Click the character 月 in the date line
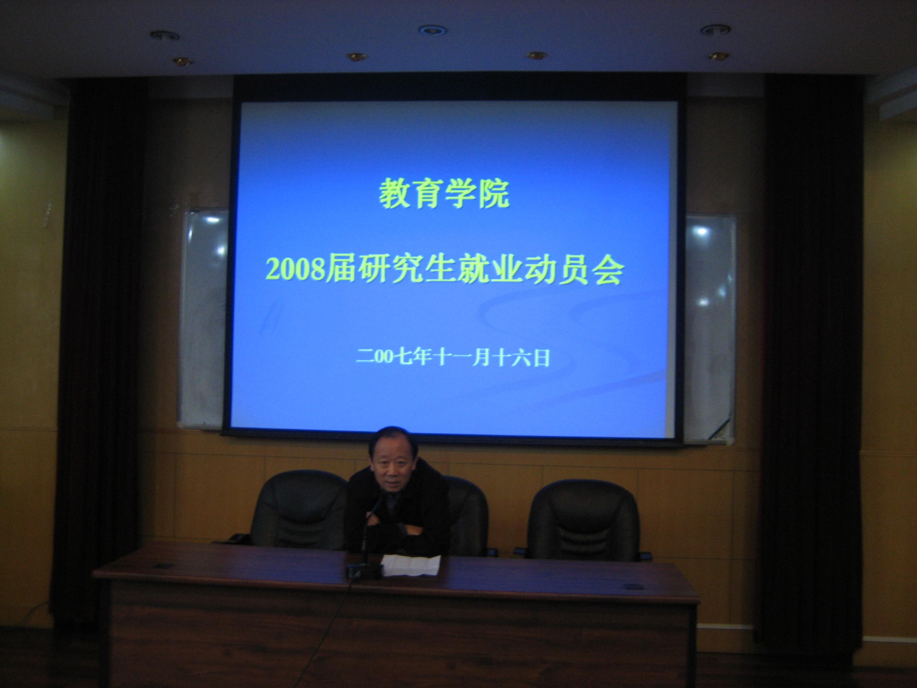pos(481,357)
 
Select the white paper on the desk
pos(410,565)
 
